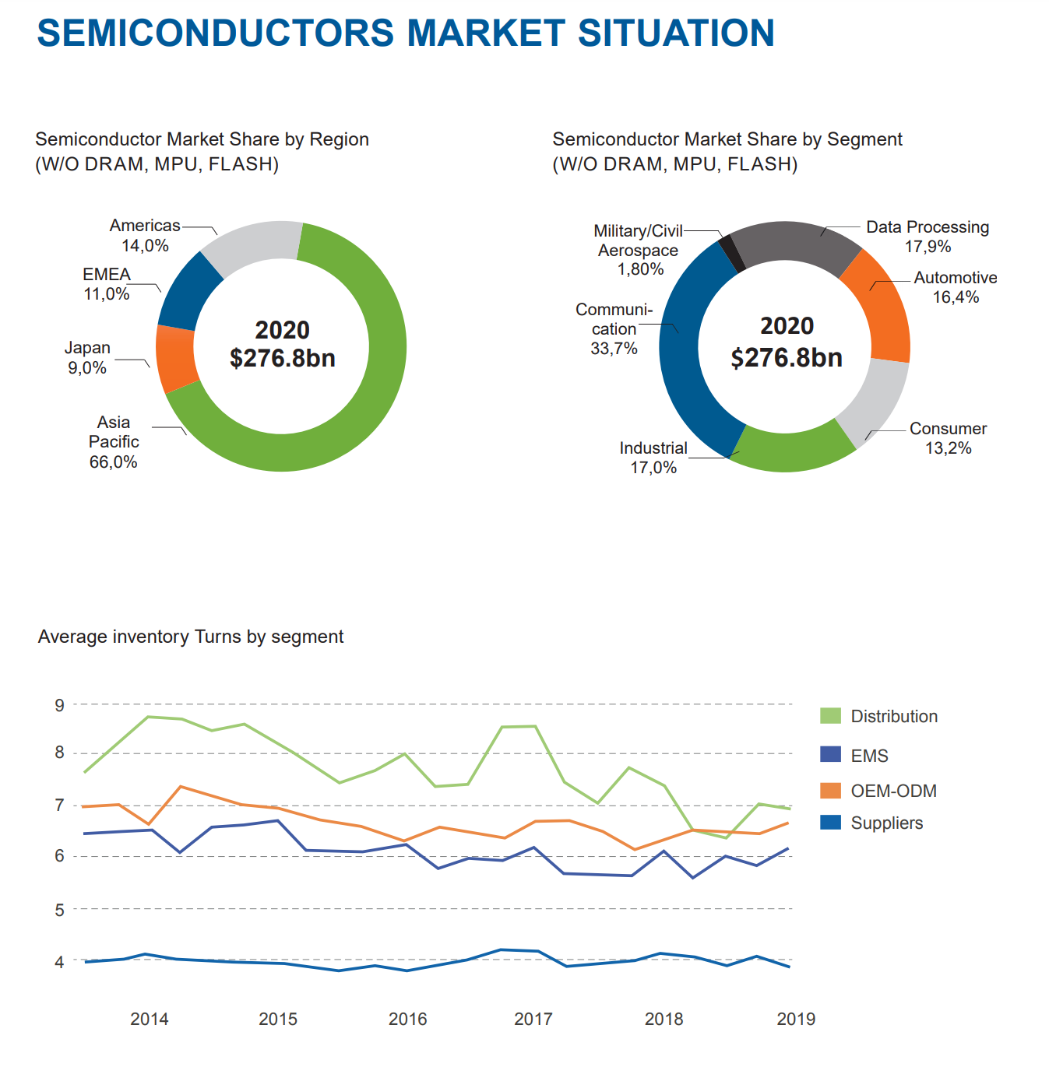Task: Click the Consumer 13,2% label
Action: [948, 438]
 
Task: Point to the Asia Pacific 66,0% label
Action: [114, 442]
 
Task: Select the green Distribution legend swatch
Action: [830, 716]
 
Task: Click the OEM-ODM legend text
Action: [893, 791]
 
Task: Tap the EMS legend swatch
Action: [830, 754]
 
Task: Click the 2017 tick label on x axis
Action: [533, 1019]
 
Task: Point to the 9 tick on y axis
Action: [60, 705]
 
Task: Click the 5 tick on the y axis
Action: [60, 910]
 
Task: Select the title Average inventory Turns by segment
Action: [191, 637]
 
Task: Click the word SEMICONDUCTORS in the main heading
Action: [216, 33]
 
